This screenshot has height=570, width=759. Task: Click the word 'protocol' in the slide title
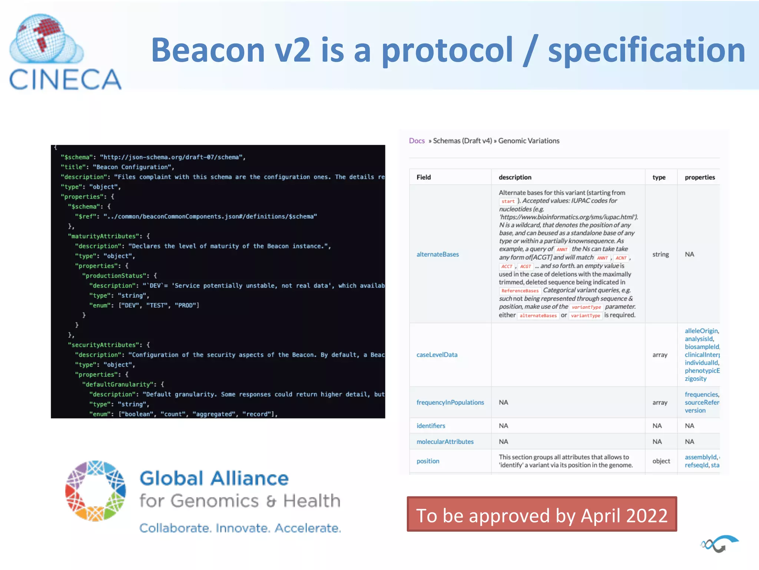tap(447, 50)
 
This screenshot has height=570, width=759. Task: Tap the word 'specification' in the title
tap(646, 50)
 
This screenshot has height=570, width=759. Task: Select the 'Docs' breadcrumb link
tap(417, 141)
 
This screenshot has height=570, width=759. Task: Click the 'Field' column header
tap(424, 177)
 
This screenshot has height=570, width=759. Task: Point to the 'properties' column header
tap(700, 177)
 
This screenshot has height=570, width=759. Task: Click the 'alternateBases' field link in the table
tap(437, 255)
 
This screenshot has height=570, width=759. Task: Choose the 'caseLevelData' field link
tap(437, 355)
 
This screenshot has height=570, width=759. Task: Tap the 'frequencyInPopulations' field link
tap(450, 403)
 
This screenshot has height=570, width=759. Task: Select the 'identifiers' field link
tap(431, 426)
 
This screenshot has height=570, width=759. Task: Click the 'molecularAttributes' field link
tap(445, 442)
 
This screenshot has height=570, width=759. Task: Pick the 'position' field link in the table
tap(428, 461)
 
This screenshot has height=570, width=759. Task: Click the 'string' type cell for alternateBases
tap(660, 255)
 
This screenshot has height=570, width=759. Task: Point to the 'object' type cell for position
tap(661, 461)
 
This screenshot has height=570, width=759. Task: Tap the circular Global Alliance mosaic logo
tap(96, 491)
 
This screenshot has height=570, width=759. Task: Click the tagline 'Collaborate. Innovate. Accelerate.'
tap(240, 528)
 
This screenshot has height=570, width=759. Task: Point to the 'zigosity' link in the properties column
tap(695, 379)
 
